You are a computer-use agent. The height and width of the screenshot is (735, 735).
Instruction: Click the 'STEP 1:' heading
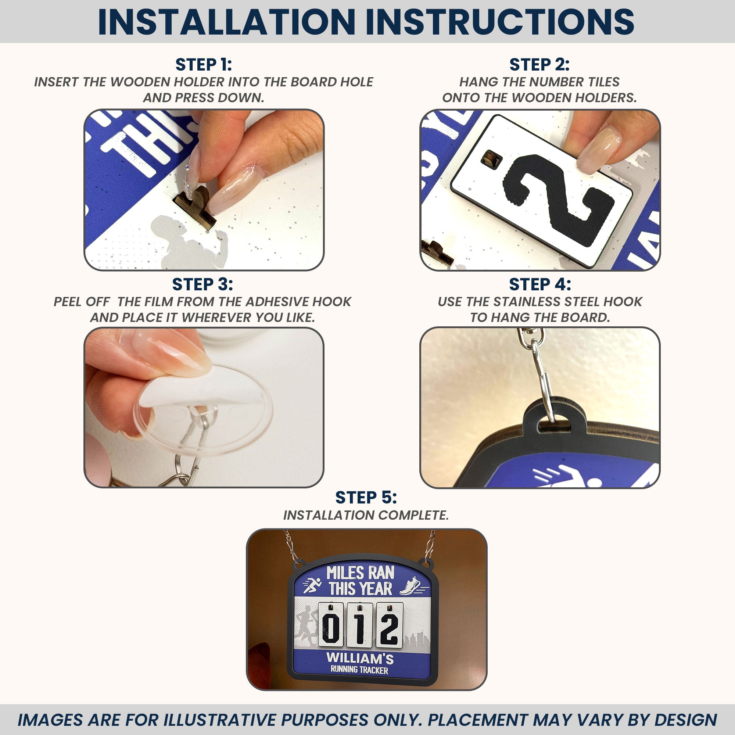[204, 65]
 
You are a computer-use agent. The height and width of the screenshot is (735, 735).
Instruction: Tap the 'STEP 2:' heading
[539, 65]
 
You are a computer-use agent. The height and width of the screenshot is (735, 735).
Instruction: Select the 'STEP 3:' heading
[202, 284]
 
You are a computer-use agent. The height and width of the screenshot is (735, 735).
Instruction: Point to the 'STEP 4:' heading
[540, 284]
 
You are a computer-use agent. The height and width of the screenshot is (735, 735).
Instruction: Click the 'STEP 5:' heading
[366, 497]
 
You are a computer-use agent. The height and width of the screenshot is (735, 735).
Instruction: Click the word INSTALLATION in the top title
[226, 22]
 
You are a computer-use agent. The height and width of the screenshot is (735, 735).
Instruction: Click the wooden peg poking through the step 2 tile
[490, 158]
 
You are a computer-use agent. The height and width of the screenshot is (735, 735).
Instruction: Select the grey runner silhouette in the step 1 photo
[189, 242]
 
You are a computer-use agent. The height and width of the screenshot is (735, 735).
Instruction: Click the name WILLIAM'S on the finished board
[360, 657]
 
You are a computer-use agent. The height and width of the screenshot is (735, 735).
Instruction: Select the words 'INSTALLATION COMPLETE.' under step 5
[366, 515]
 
